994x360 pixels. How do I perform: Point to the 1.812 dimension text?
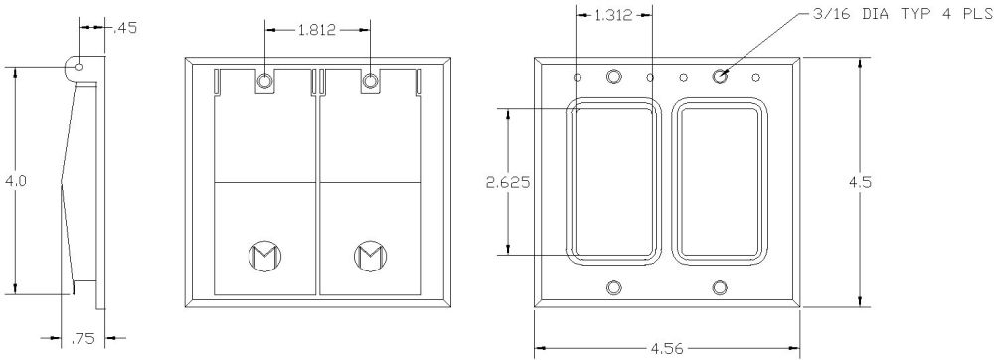pos(316,30)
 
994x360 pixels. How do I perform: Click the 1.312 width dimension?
pos(612,16)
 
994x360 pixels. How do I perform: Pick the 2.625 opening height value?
pos(508,182)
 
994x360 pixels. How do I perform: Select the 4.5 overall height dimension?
pos(858,182)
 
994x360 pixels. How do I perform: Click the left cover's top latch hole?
pos(265,81)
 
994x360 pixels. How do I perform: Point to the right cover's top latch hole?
pos(370,81)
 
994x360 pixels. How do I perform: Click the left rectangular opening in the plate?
pos(613,183)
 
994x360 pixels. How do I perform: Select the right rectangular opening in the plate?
pos(720,183)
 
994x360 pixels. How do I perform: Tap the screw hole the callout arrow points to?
pos(719,76)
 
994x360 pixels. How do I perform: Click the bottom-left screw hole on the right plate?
pos(613,287)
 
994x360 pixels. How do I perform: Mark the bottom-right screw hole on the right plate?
pos(719,287)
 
